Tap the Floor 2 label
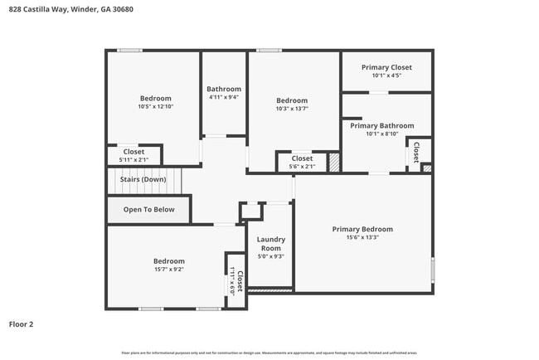point(21,324)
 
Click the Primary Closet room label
point(386,67)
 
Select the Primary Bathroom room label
point(381,125)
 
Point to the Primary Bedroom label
point(362,229)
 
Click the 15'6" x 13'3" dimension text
point(362,237)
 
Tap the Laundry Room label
point(270,244)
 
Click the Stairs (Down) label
point(143,179)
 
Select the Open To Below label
point(149,209)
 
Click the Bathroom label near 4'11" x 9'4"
point(224,89)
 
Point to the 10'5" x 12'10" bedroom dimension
point(155,107)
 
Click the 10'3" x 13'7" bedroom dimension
point(292,109)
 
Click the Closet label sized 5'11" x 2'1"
point(134,152)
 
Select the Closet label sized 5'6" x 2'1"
point(302,158)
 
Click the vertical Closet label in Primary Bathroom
point(415,152)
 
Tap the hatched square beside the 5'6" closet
point(334,162)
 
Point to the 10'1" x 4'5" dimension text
point(386,76)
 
